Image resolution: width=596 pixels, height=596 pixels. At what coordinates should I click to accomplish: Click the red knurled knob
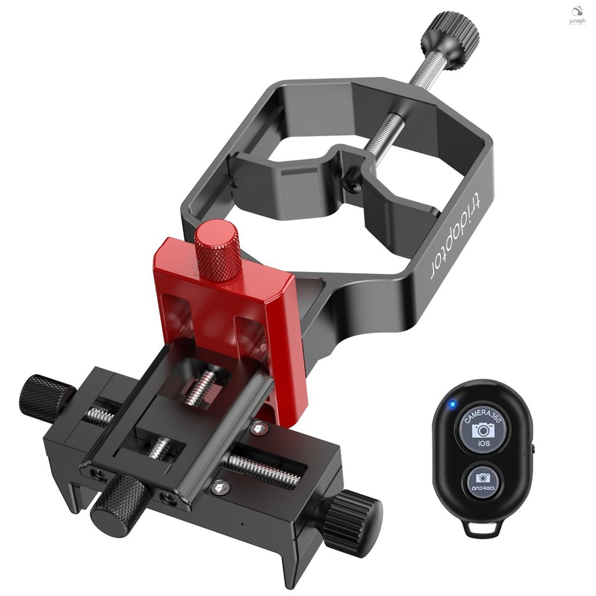[217, 251]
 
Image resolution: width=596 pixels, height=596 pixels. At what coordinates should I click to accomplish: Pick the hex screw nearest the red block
[258, 430]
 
